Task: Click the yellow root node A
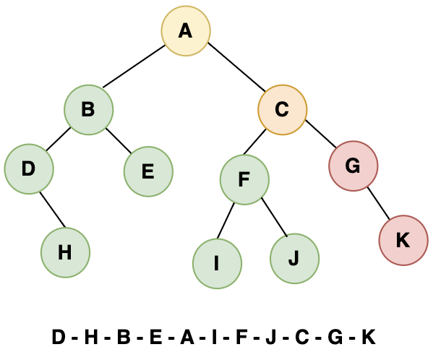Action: pos(186,31)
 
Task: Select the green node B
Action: pos(88,110)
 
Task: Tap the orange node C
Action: pos(283,110)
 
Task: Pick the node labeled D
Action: pos(29,169)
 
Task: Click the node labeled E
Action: pos(148,171)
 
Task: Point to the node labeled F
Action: pos(244,178)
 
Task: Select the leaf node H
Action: pos(65,252)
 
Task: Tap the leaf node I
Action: pos(217,262)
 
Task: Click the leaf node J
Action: pos(294,258)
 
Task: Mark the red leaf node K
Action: pos(403,241)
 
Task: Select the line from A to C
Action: pos(234,70)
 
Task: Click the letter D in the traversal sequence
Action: pos(59,337)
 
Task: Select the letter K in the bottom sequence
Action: pos(369,337)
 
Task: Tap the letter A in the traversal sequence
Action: pos(187,337)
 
